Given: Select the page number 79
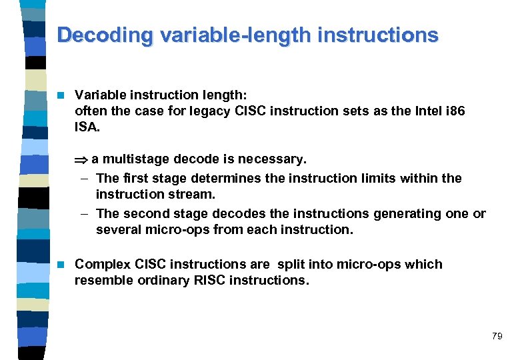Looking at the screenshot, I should (497, 336).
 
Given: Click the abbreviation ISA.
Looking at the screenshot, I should (86, 127).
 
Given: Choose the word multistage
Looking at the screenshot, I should (137, 159).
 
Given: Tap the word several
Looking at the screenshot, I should (117, 230).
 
